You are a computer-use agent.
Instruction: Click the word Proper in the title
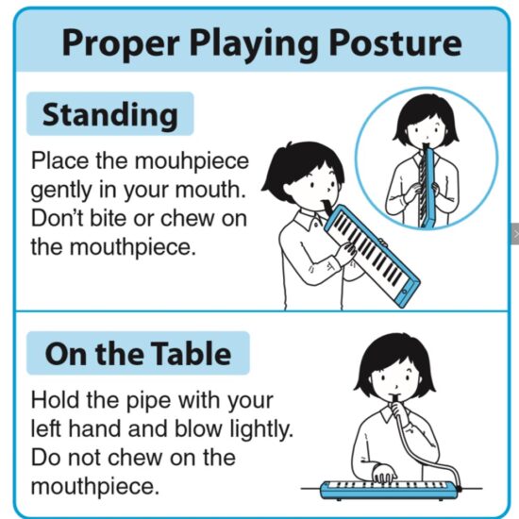(121, 43)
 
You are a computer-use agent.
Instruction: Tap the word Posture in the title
(394, 43)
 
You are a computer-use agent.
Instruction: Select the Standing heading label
(110, 114)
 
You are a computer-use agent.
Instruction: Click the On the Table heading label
(138, 353)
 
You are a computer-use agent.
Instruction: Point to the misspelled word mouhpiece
(192, 161)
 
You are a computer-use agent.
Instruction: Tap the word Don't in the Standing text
(57, 218)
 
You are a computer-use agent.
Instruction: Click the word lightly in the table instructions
(261, 429)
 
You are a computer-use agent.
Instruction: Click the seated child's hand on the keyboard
(384, 474)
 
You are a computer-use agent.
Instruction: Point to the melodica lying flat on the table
(390, 490)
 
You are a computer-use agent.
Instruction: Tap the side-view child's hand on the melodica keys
(346, 252)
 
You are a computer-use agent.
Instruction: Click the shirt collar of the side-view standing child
(310, 219)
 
